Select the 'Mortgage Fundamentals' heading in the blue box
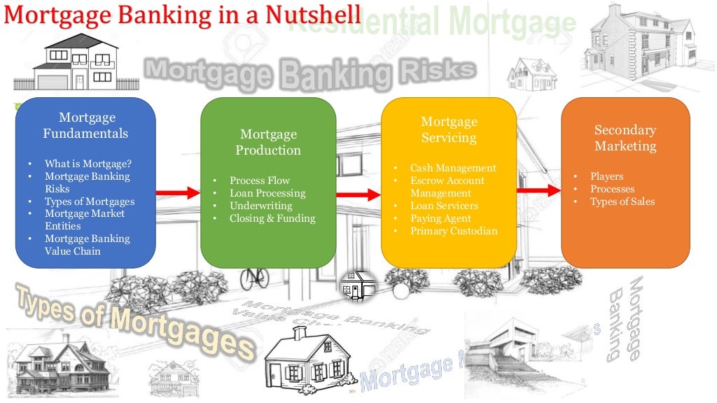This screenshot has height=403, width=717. click(86, 125)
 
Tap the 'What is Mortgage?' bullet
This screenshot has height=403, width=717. click(88, 164)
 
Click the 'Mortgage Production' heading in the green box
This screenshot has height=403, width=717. click(268, 142)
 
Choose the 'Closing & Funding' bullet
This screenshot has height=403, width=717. click(272, 218)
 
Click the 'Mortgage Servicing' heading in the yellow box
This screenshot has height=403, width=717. click(449, 130)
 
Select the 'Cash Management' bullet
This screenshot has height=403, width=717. click(453, 168)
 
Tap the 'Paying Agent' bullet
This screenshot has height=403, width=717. click(440, 218)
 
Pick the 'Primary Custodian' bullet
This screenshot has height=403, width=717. click(454, 231)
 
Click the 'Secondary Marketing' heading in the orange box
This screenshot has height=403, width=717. click(625, 138)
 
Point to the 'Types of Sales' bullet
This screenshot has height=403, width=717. click(622, 201)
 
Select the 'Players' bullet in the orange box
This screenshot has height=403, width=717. click(606, 176)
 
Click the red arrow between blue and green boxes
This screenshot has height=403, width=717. click(178, 191)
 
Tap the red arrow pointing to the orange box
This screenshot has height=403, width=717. click(539, 190)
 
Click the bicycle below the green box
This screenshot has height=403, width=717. click(254, 277)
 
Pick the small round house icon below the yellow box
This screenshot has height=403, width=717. click(358, 286)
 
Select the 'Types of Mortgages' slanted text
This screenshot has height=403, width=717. click(133, 321)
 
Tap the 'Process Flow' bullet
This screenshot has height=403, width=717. click(259, 181)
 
